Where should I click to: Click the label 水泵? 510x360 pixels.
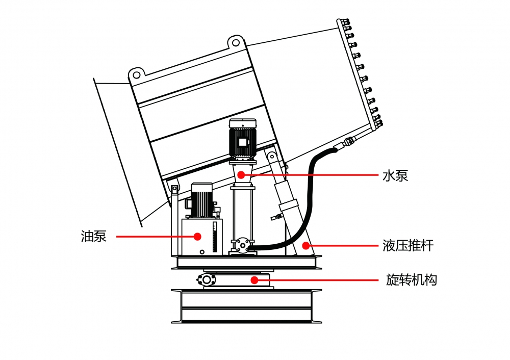click(x=395, y=176)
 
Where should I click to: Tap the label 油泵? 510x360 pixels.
click(x=94, y=237)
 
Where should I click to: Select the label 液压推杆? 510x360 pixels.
click(x=408, y=246)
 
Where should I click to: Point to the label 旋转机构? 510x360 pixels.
click(x=412, y=280)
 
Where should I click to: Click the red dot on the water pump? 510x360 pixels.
click(x=242, y=175)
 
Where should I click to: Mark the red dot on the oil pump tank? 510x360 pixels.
click(x=197, y=236)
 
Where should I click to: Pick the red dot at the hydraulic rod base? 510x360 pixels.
click(x=305, y=245)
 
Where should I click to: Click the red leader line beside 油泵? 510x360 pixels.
click(x=153, y=237)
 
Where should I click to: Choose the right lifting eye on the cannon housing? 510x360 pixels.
click(x=235, y=42)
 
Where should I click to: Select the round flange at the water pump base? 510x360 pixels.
click(x=242, y=245)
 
